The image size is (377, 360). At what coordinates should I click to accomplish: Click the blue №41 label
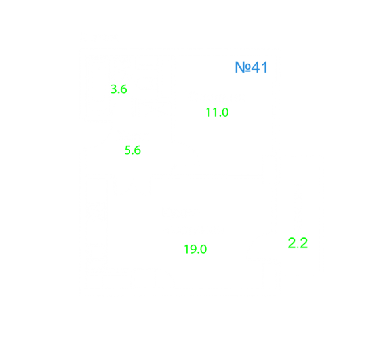[x=251, y=67]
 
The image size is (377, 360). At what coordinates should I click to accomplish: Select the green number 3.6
[x=119, y=89]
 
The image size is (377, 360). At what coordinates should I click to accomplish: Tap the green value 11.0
[x=217, y=112]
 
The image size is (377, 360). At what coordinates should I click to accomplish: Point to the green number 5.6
[x=132, y=150]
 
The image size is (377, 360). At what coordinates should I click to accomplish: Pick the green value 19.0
[x=195, y=249]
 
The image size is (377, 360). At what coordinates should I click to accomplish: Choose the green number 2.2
[x=298, y=243]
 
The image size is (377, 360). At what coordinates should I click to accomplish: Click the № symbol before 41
[x=243, y=67]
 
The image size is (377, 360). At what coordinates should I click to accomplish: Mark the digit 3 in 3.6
[x=113, y=89]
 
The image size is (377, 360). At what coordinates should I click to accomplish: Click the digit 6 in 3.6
[x=123, y=89]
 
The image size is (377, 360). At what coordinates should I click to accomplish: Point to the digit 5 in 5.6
[x=127, y=150]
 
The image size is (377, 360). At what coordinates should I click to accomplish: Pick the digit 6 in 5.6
[x=137, y=150]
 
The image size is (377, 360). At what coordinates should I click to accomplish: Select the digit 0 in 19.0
[x=203, y=249]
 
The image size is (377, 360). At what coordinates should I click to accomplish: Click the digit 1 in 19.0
[x=186, y=249]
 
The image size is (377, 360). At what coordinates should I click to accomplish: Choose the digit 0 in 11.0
[x=225, y=112]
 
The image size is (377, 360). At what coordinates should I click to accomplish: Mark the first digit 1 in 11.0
[x=208, y=112]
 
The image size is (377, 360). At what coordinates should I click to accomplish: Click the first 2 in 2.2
[x=292, y=243]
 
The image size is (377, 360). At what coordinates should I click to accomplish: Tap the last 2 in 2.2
[x=304, y=243]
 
